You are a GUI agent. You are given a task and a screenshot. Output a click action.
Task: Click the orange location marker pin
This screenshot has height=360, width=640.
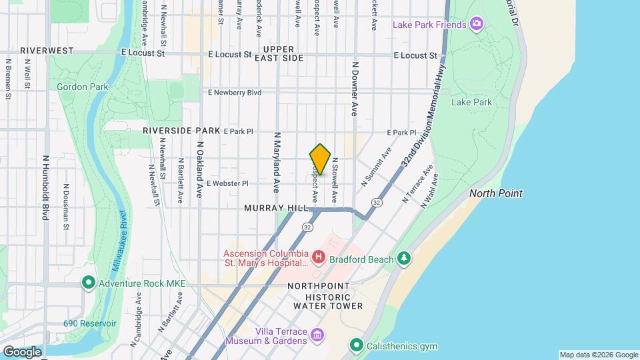coord(320,159)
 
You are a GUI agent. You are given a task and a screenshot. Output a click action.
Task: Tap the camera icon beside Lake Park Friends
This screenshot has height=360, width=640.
coord(476,25)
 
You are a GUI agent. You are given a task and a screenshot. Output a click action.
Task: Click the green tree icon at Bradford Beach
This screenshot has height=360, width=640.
coord(403,258)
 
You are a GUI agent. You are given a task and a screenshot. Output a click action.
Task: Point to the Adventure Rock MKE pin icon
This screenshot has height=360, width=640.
coord(88,283)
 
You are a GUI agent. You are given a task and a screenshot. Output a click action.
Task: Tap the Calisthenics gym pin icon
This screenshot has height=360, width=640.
coord(356,345)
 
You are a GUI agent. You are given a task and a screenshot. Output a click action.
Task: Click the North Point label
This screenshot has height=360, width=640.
coord(495,193)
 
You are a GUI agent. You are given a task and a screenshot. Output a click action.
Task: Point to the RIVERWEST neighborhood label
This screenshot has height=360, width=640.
coord(47,51)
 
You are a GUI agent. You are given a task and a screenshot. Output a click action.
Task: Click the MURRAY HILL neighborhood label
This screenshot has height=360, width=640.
coord(275,208)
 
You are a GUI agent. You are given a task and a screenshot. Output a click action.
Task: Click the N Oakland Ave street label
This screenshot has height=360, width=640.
coord(199,169)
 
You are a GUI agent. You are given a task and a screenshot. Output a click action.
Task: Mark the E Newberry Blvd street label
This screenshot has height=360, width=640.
coord(234,93)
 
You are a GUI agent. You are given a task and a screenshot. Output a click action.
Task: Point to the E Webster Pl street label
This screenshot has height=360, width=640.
coord(227,183)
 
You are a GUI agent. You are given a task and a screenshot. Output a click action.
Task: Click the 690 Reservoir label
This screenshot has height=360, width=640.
coord(89,323)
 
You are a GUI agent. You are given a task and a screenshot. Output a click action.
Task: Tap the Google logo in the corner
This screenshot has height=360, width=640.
coord(21,351)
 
